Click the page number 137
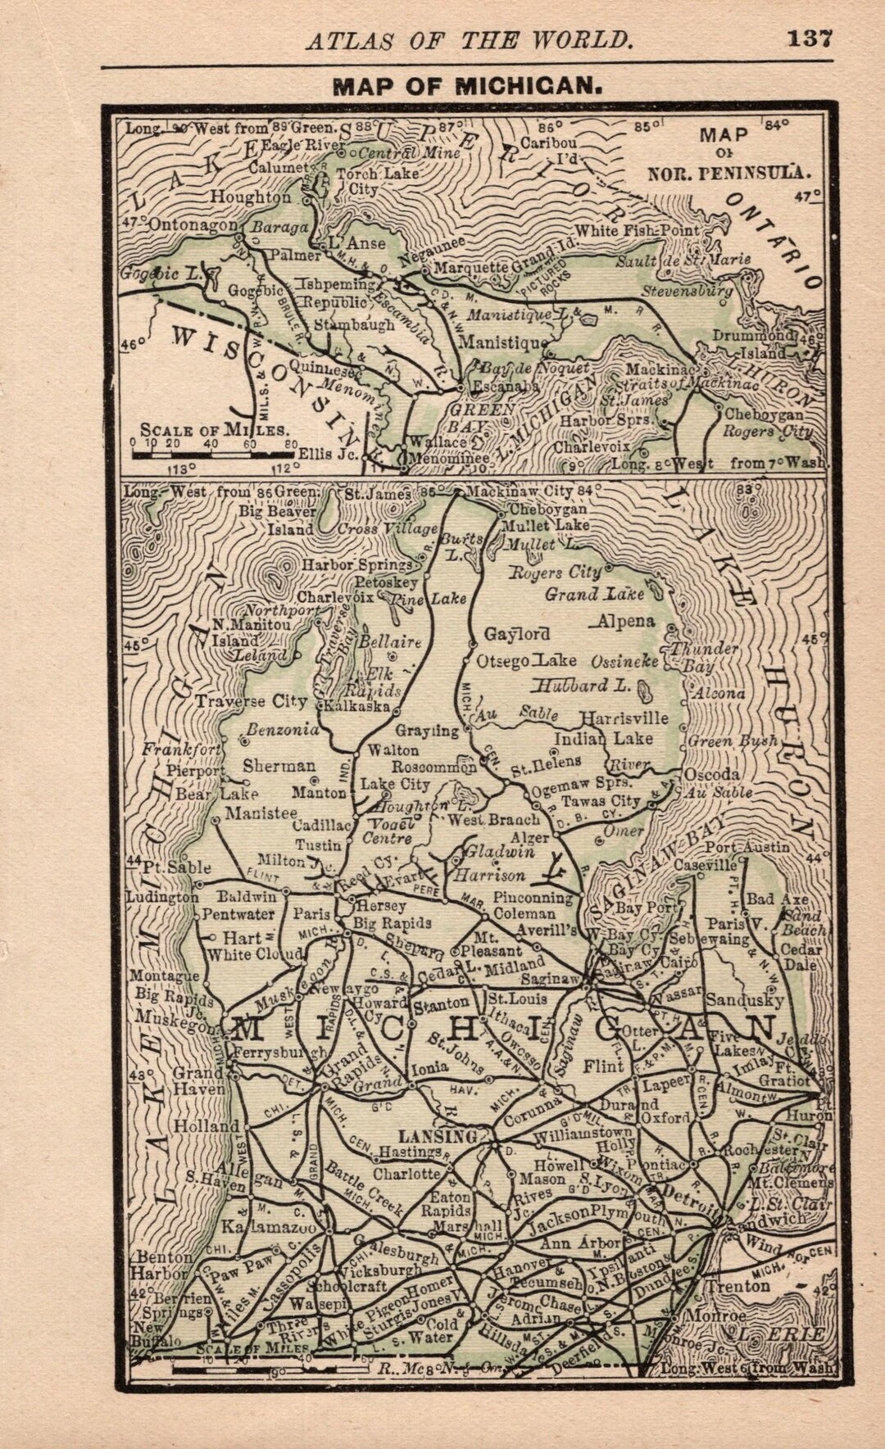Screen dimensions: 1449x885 point(810,38)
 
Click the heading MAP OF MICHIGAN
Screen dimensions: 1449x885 point(468,87)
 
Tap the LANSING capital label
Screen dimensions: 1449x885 point(438,1137)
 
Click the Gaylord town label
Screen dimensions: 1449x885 point(516,635)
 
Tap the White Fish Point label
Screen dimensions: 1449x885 point(638,231)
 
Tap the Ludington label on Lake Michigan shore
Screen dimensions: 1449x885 point(161,897)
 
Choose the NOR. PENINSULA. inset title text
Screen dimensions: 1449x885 point(728,173)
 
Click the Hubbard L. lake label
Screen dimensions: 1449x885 point(583,686)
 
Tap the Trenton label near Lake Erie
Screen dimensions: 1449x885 point(739,1286)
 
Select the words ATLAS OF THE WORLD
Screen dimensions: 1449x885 point(470,40)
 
